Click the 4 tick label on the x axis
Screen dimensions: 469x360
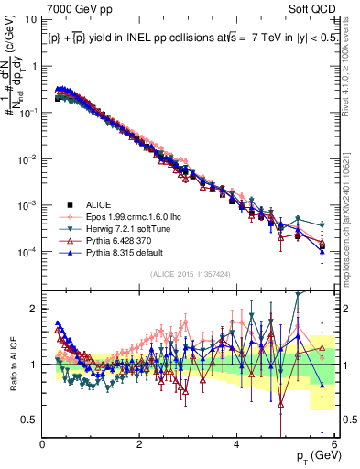pos(237,444)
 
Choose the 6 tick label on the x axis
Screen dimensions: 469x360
pos(334,444)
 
